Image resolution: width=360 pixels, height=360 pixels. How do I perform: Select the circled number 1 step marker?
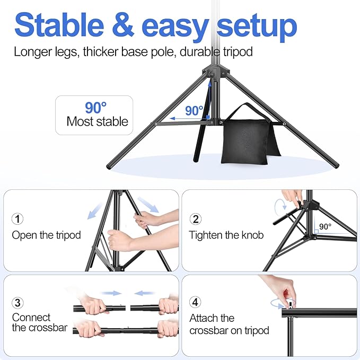coord(18,218)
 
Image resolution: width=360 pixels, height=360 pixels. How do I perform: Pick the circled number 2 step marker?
coord(196,218)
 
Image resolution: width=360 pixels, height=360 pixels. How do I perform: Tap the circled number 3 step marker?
coord(18,303)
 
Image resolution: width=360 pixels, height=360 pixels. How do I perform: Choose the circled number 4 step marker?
coord(196,303)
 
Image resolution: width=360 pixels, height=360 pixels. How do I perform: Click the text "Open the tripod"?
coord(47,234)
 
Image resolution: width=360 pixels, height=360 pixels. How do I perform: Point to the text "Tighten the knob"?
coord(226,234)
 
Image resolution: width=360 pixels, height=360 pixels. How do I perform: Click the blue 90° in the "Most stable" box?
coord(96,108)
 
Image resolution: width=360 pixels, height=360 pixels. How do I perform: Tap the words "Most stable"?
coord(97,121)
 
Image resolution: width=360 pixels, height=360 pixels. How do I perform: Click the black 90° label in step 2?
coord(324,226)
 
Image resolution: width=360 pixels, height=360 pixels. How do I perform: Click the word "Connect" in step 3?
coord(31,317)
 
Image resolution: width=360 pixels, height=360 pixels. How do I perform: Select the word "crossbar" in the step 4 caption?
coord(210,330)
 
